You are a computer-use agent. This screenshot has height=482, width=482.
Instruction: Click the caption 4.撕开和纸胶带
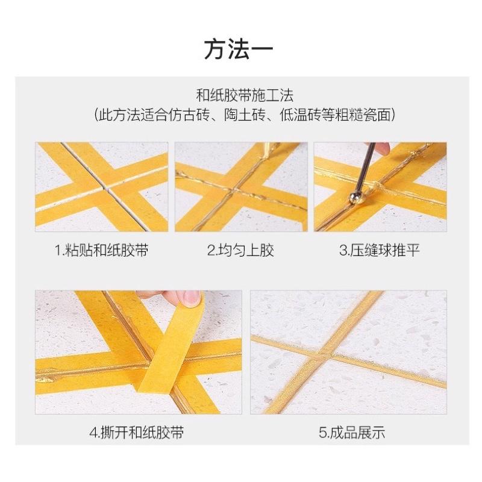137,432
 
